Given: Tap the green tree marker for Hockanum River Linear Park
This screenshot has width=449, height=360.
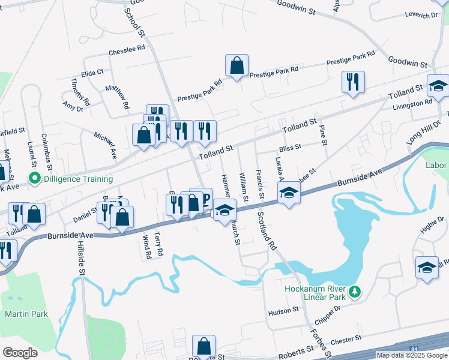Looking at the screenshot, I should click(x=355, y=292).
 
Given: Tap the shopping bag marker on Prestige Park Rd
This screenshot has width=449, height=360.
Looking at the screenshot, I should click(x=237, y=66).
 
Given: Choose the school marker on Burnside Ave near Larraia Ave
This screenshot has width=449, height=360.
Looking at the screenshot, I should click(x=289, y=193).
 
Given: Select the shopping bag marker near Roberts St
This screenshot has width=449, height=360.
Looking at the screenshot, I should click(x=203, y=346).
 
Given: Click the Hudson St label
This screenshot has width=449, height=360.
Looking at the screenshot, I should click(x=283, y=310).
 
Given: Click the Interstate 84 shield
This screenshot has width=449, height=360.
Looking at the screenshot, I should click(x=414, y=349).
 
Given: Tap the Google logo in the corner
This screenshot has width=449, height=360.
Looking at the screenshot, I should click(x=20, y=352).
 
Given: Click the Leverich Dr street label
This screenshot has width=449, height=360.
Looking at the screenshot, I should click(x=421, y=14).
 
